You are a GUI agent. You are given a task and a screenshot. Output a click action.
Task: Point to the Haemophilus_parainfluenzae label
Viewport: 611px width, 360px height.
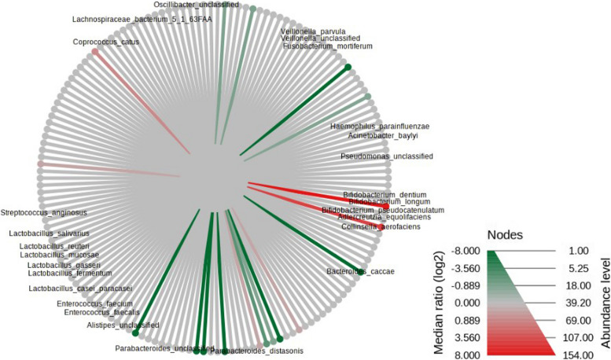coord(380,126)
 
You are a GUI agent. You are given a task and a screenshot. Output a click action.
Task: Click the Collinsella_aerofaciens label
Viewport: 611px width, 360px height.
coord(381,227)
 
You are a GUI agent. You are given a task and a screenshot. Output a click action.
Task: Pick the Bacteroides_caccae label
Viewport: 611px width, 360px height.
coord(361,272)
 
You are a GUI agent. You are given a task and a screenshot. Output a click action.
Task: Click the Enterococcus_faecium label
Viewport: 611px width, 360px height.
coord(94,303)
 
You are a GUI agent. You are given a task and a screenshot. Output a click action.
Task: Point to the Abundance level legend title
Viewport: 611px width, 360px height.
coord(604,303)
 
